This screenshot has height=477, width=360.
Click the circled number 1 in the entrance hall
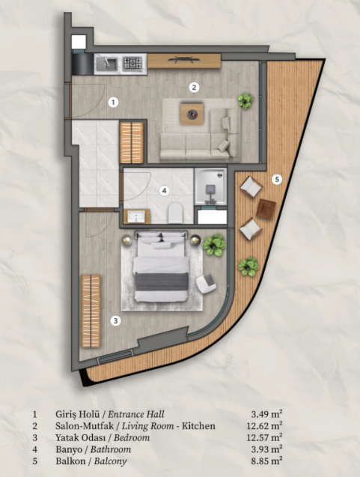tap(113, 101)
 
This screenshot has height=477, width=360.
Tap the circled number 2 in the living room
tap(194, 87)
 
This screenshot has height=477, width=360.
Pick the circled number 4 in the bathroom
tap(164, 191)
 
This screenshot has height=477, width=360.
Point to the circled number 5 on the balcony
tap(277, 179)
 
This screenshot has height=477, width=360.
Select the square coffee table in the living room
tap(195, 114)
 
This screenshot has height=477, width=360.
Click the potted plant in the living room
tap(245, 100)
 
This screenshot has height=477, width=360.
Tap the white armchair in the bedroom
tap(206, 283)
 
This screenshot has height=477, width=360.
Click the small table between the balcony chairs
tap(265, 209)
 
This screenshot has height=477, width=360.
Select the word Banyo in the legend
tap(70, 450)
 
